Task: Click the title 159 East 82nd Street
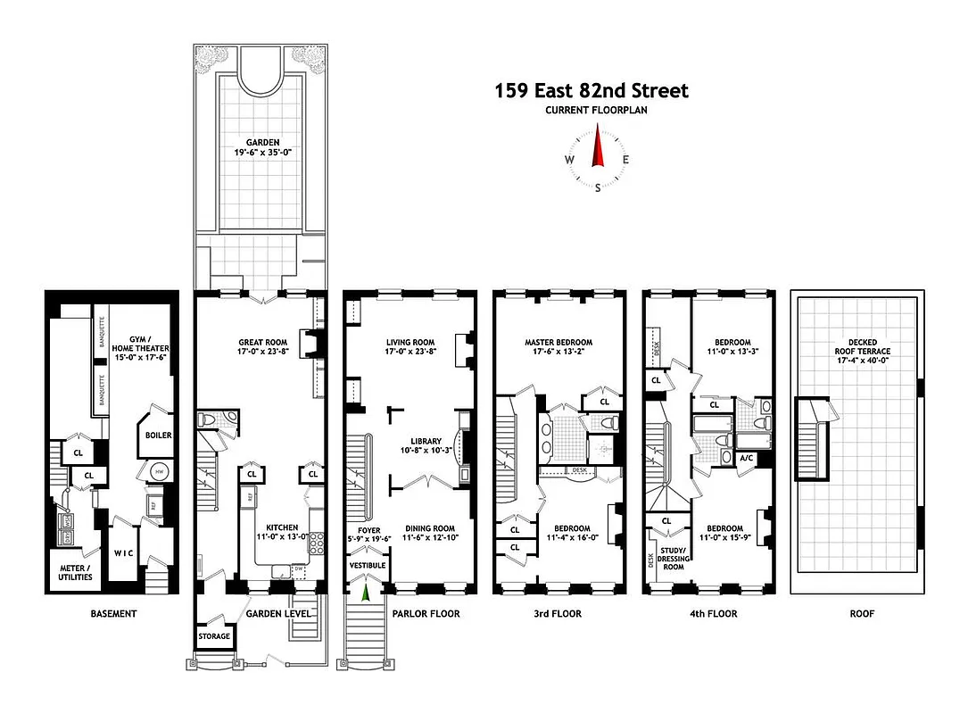pyautogui.click(x=592, y=91)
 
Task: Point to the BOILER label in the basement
pyautogui.click(x=159, y=436)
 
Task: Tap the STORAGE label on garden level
pyautogui.click(x=214, y=636)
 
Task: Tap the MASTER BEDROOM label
pyautogui.click(x=558, y=346)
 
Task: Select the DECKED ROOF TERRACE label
pyautogui.click(x=856, y=346)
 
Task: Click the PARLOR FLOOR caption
pyautogui.click(x=426, y=614)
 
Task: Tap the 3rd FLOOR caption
pyautogui.click(x=558, y=614)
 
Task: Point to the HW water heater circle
pyautogui.click(x=161, y=471)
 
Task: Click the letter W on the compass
pyautogui.click(x=568, y=160)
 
